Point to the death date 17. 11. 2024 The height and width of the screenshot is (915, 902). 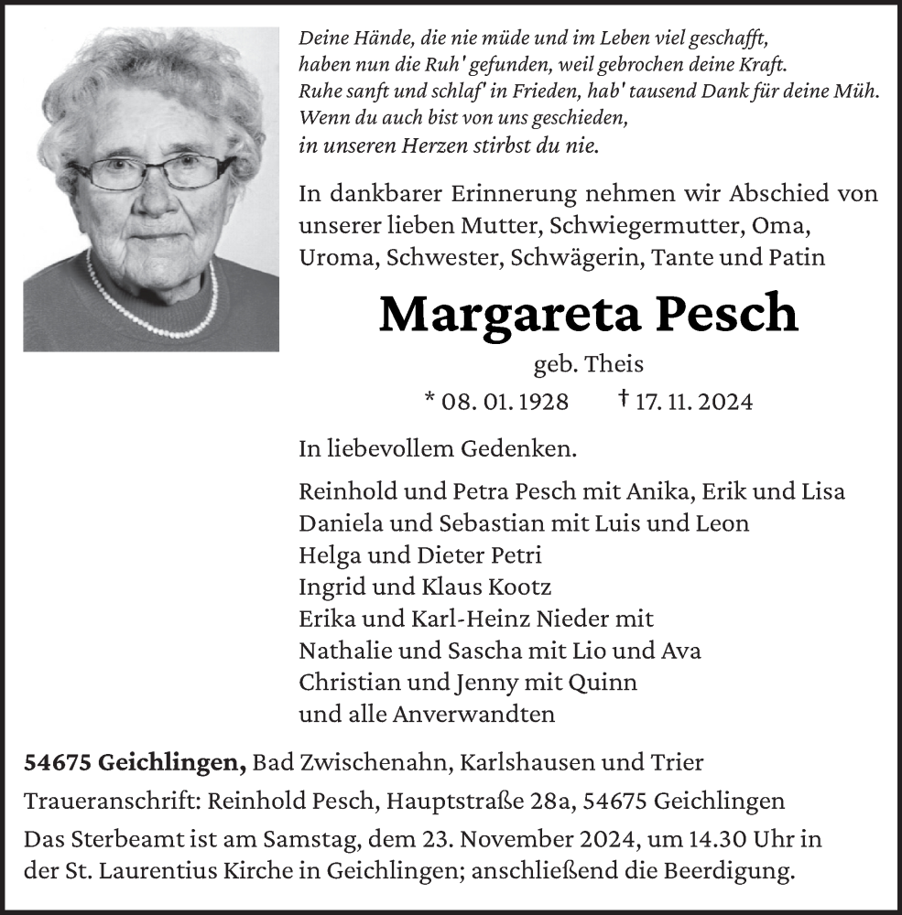click(693, 402)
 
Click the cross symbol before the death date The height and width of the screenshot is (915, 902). click(624, 399)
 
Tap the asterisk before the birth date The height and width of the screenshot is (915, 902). click(430, 399)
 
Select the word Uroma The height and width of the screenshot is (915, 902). click(337, 257)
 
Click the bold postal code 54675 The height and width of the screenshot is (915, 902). click(57, 762)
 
